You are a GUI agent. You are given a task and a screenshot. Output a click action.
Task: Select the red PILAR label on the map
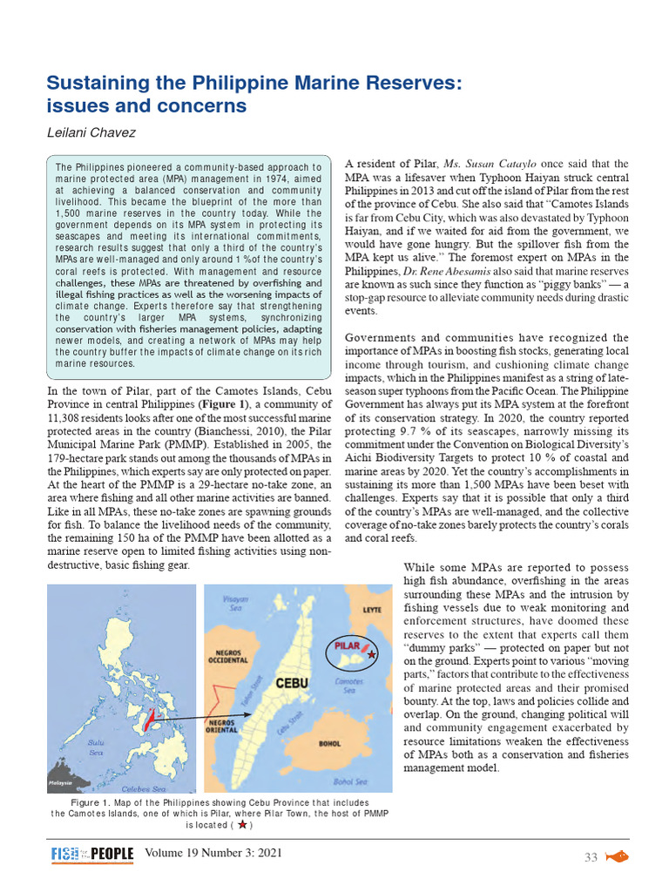click(347, 647)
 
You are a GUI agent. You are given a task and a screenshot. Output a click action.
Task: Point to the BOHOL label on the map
click(329, 743)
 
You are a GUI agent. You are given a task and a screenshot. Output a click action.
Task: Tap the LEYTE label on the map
click(372, 610)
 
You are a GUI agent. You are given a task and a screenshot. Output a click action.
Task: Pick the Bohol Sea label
click(348, 781)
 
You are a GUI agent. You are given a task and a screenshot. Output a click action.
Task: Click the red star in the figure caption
click(241, 824)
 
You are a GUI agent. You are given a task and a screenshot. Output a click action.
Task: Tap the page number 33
click(591, 857)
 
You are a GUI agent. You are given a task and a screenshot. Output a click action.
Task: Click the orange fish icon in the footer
click(617, 856)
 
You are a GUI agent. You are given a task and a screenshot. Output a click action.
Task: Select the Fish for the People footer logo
click(91, 855)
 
